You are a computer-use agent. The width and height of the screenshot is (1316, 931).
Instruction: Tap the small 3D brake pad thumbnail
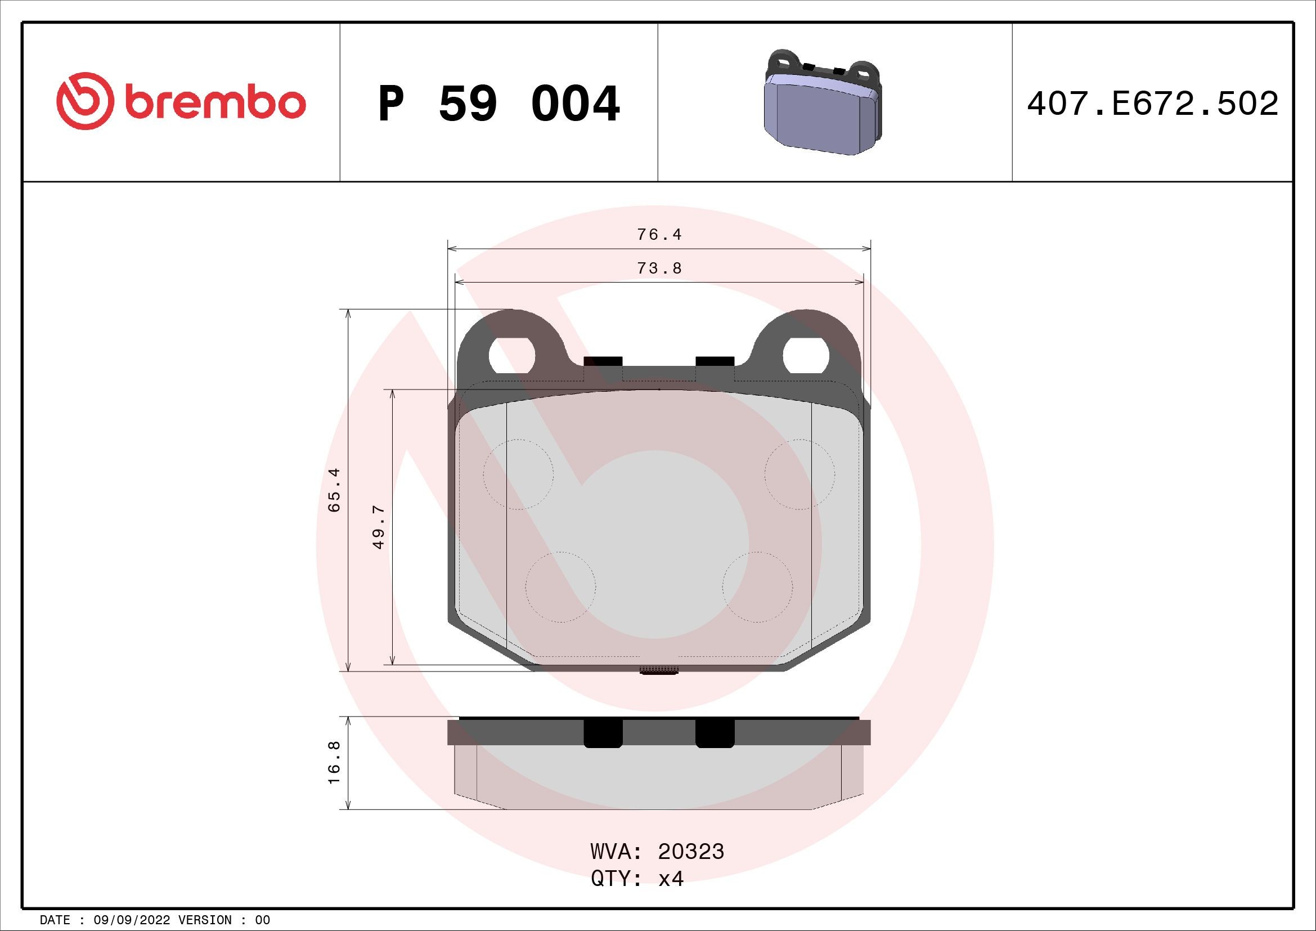coord(823,103)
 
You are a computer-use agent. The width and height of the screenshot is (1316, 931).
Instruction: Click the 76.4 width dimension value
coord(659,235)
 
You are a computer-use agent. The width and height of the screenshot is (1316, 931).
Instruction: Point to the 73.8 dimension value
coord(659,268)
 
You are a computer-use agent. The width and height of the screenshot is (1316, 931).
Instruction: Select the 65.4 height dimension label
coord(334,490)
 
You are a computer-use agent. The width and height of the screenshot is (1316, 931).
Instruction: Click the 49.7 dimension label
coord(378,527)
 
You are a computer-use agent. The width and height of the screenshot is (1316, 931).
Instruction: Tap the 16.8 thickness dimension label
coord(334,763)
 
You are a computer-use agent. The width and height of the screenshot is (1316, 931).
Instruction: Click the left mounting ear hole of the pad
coord(511,356)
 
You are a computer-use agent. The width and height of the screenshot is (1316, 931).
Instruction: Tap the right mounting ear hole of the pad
coord(805,356)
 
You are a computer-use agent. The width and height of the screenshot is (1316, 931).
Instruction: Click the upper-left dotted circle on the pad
coord(518,474)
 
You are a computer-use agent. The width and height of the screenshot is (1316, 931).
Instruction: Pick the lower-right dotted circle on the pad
coord(757,587)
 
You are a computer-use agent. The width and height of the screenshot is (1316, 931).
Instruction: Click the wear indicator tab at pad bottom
coord(659,670)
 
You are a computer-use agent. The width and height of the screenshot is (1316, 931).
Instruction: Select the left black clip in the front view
coord(603,361)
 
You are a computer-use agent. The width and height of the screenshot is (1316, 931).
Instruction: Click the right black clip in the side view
coord(715,734)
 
